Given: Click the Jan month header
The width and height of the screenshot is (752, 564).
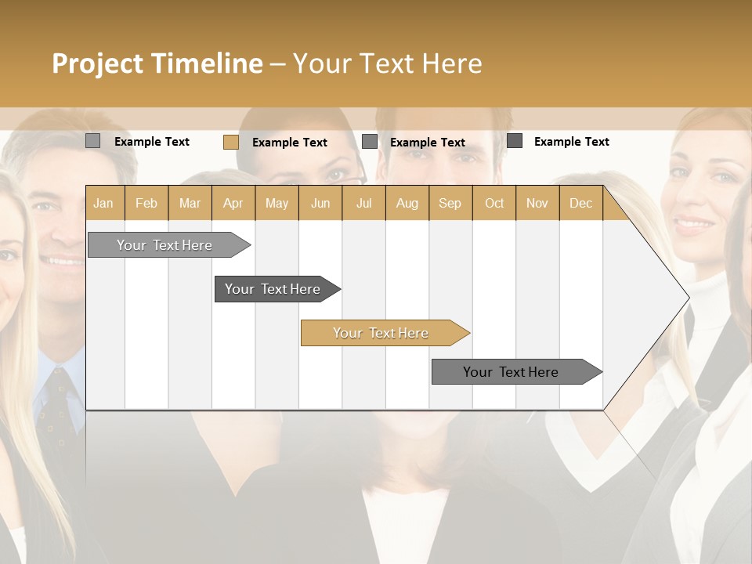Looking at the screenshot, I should (x=103, y=203).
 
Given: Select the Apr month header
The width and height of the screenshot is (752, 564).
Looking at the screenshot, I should (x=233, y=203).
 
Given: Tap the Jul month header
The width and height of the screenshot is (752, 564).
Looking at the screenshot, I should (x=363, y=203).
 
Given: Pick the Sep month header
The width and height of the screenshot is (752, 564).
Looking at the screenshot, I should (x=450, y=203).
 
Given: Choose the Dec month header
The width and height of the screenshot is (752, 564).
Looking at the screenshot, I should (x=580, y=203).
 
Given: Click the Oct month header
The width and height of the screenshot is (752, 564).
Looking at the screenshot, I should (x=494, y=203).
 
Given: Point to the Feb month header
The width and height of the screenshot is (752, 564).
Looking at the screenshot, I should (x=146, y=203).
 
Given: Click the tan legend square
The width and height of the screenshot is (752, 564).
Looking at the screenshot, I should (x=230, y=142).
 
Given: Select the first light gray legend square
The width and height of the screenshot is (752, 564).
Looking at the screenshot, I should (x=92, y=141).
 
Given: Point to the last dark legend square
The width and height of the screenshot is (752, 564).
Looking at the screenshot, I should (x=515, y=141).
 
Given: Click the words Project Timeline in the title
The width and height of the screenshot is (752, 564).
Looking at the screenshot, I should (x=157, y=63).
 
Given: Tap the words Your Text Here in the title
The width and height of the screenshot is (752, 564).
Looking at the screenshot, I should (x=387, y=63).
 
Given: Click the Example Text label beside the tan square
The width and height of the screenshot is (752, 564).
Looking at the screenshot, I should (x=290, y=143).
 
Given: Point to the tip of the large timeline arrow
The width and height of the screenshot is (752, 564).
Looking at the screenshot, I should (x=687, y=298).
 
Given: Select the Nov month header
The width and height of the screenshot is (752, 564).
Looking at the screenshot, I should (x=537, y=203).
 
